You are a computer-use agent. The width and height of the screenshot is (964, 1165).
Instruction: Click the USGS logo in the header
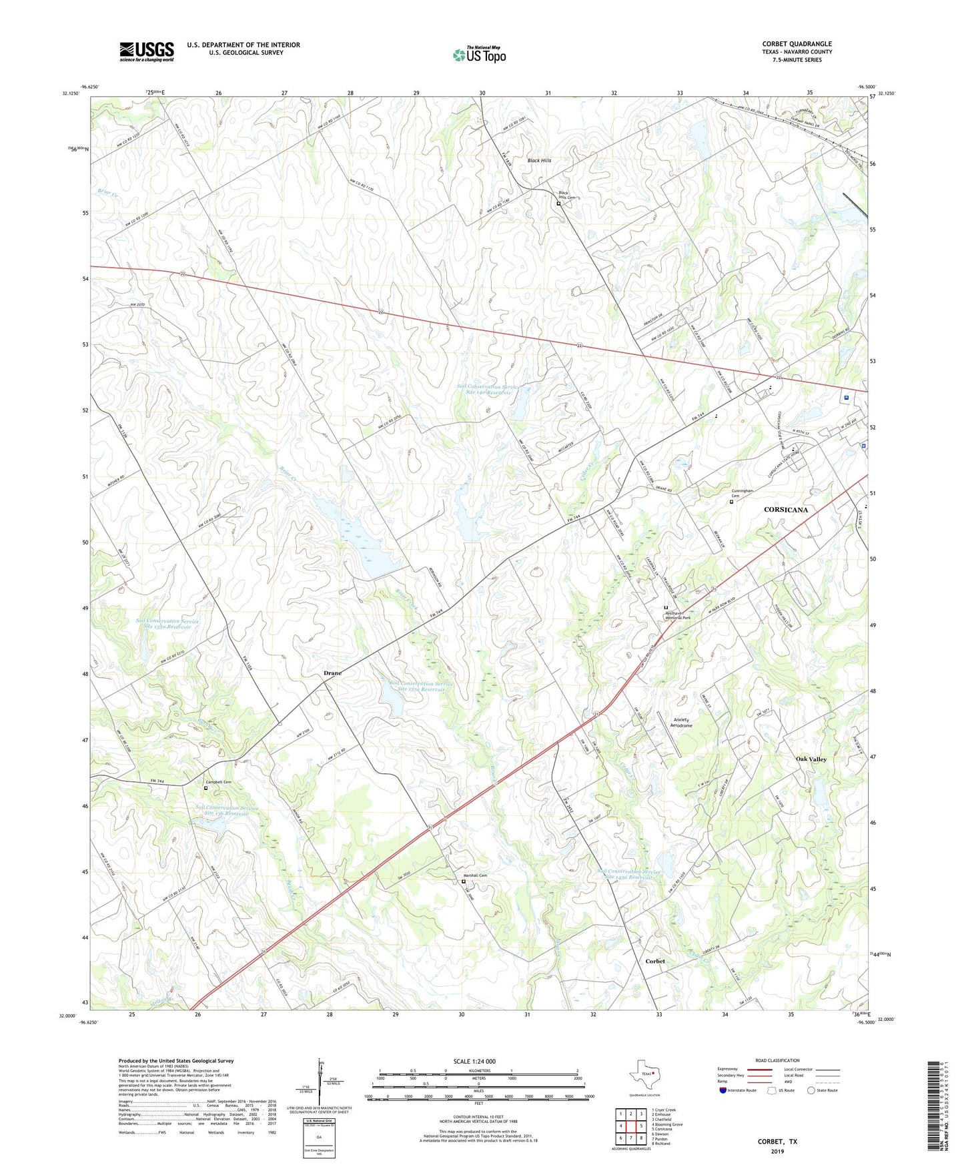coord(147,51)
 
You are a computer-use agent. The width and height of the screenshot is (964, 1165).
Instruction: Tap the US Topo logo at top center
coord(479,55)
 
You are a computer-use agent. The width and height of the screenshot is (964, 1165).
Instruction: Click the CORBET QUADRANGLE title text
coord(797,44)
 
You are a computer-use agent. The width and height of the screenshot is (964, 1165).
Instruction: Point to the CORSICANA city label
coord(785,510)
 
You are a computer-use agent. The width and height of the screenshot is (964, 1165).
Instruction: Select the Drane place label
coord(332,673)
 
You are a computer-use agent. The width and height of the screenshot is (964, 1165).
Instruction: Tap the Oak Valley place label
coord(811,759)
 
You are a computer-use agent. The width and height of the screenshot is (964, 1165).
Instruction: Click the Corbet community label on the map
coord(655,961)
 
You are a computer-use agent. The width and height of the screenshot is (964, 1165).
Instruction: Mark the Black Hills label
coord(539,161)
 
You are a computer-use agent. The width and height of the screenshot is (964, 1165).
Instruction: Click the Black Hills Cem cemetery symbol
coord(559,204)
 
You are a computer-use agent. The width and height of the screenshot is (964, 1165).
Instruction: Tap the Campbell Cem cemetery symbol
coord(205,788)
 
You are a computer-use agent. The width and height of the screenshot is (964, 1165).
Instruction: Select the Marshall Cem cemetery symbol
coord(464,881)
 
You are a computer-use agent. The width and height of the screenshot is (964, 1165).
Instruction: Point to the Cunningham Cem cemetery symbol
coord(731,502)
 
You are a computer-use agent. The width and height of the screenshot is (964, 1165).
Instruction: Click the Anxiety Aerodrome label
coord(680,723)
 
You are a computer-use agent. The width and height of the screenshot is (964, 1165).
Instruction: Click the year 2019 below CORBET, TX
coord(777,1152)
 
